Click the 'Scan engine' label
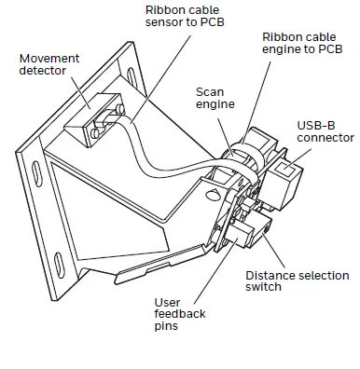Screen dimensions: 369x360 tap(215, 99)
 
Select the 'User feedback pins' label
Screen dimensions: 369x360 tap(179, 314)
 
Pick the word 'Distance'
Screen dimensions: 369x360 tap(270, 276)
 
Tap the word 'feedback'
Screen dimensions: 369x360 tap(179, 314)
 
